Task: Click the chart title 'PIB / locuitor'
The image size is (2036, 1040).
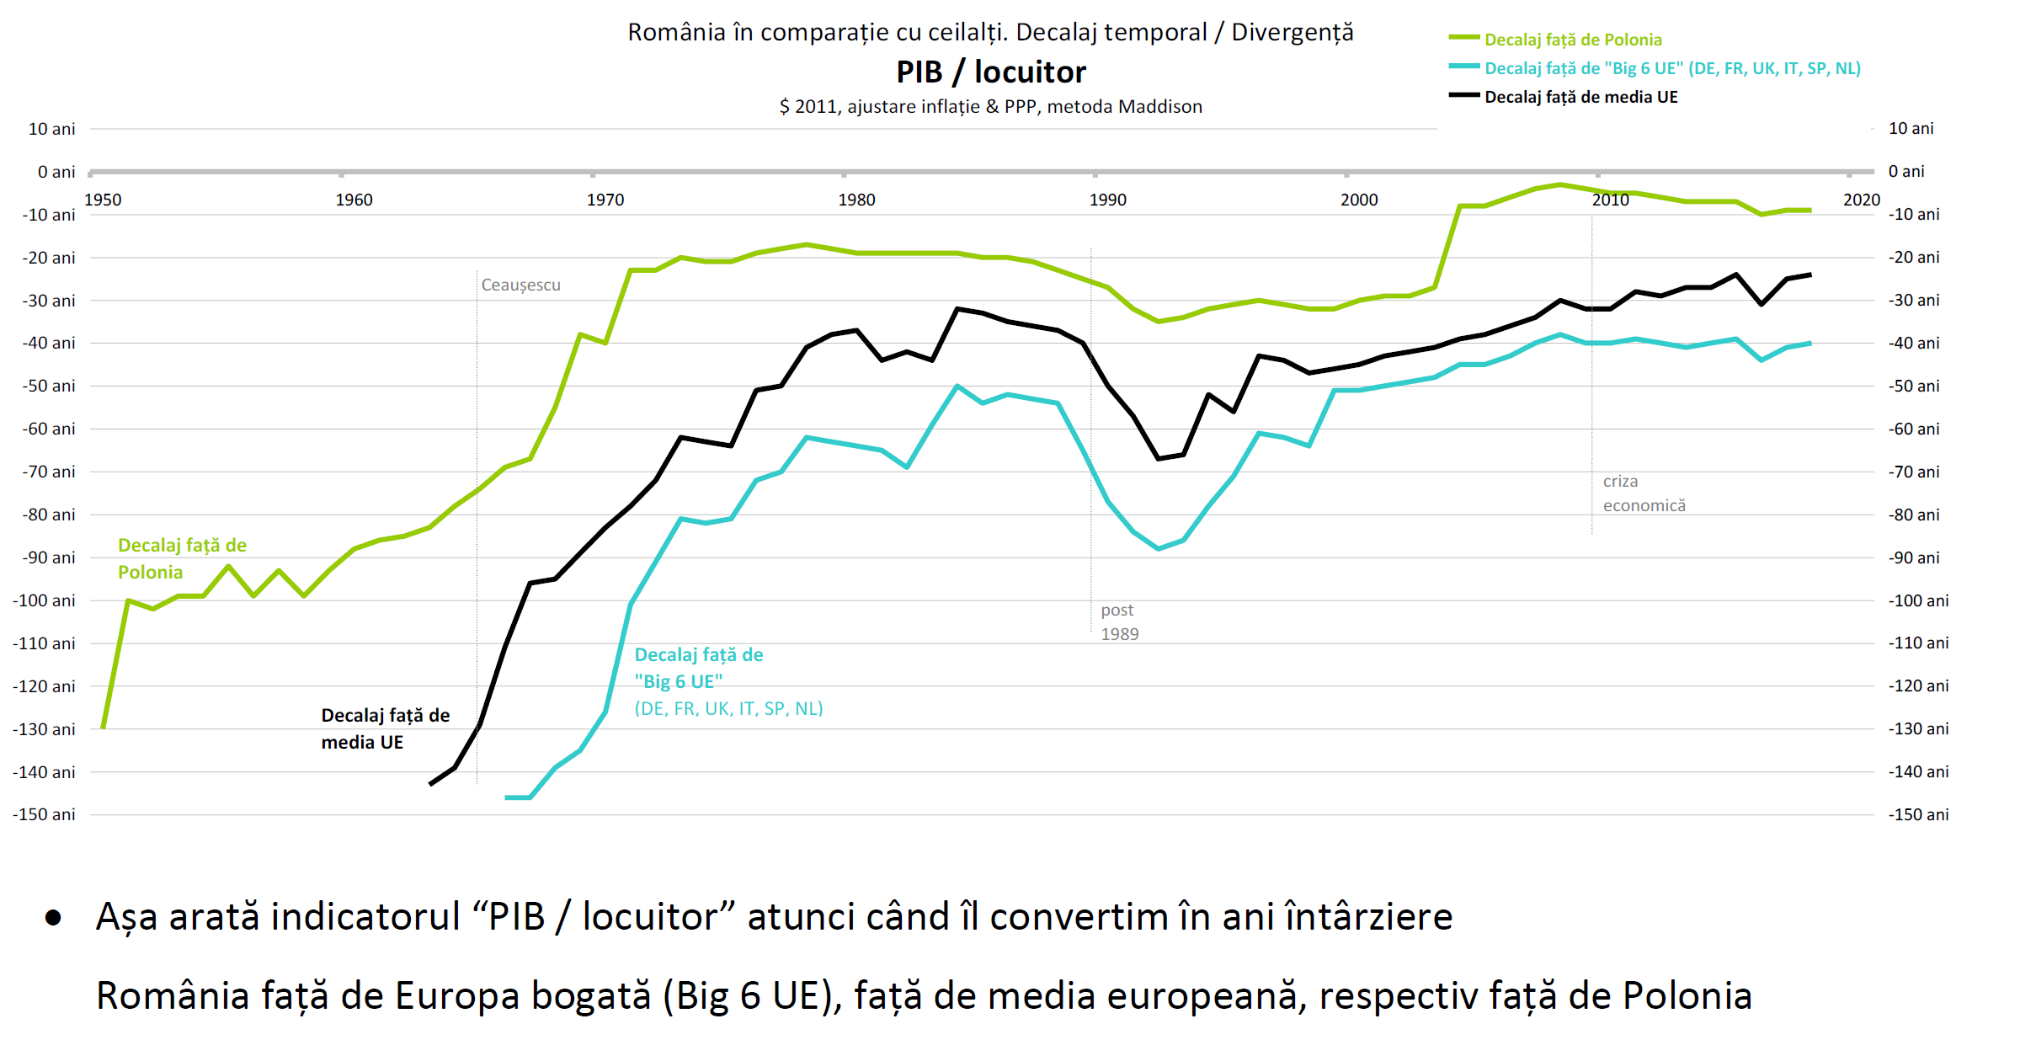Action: click(x=990, y=72)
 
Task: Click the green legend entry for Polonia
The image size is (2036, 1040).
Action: click(x=1572, y=40)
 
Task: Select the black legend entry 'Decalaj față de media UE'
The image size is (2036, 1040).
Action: click(x=1580, y=97)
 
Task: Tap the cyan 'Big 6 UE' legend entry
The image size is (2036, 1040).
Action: click(x=1671, y=68)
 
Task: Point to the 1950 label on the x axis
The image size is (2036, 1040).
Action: click(x=103, y=200)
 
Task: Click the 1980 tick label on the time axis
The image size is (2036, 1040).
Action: click(x=856, y=200)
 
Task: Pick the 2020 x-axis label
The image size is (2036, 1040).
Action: click(x=1861, y=200)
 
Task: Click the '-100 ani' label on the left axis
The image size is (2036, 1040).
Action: click(x=44, y=600)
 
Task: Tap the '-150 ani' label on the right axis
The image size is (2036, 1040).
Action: click(x=1918, y=814)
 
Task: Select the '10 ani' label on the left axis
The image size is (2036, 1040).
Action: click(x=51, y=129)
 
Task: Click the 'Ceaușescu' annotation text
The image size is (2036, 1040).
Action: click(x=520, y=285)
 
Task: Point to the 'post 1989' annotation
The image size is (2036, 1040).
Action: click(x=1119, y=621)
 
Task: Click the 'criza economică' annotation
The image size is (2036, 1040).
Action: click(x=1644, y=493)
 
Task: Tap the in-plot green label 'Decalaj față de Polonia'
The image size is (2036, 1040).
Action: click(x=182, y=558)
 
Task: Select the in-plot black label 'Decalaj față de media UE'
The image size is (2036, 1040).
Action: click(x=385, y=728)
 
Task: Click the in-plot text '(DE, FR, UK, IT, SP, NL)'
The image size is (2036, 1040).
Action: click(x=728, y=708)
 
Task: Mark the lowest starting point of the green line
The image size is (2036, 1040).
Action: click(x=103, y=728)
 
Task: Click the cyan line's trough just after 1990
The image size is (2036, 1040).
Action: click(x=1159, y=548)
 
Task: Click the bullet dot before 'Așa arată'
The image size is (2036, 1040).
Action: click(x=53, y=917)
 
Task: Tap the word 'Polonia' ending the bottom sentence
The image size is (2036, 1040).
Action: click(x=1687, y=995)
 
